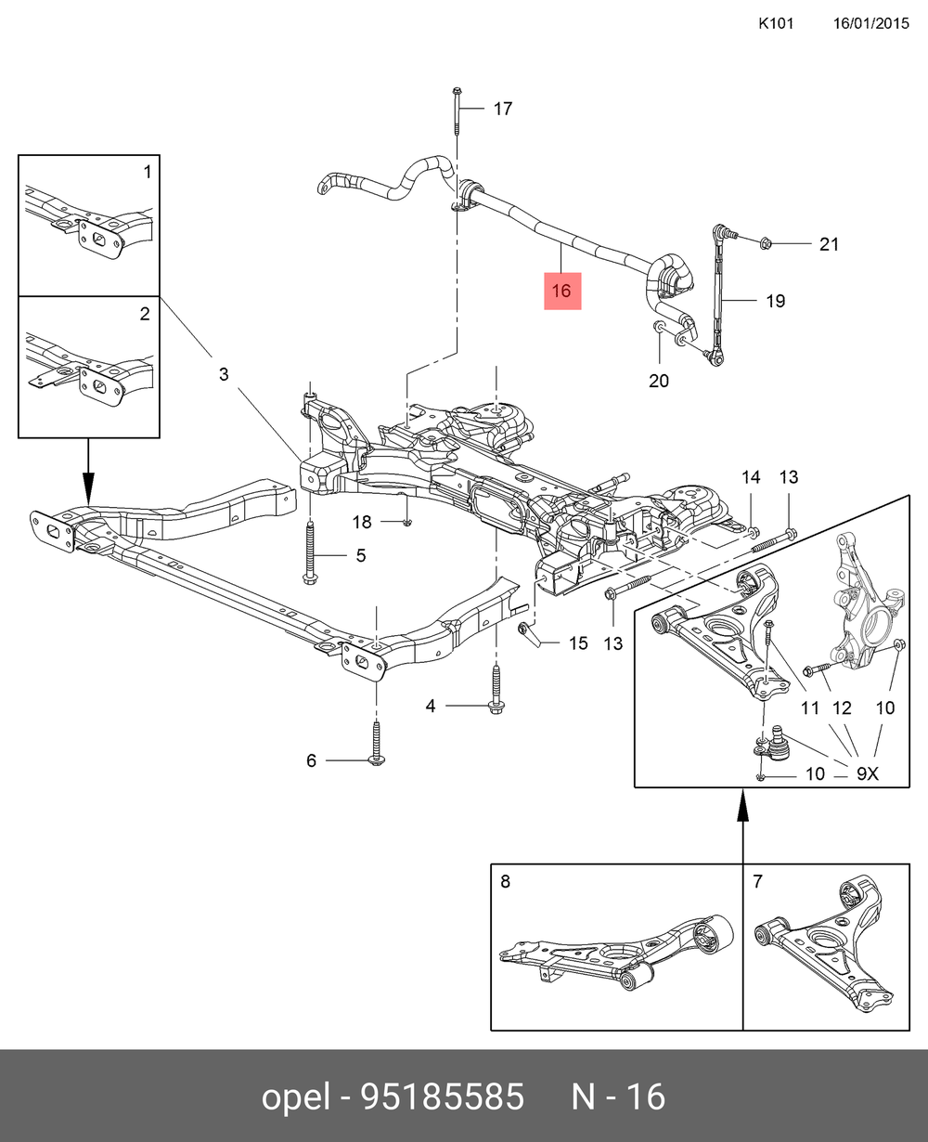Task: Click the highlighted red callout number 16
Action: pos(561,291)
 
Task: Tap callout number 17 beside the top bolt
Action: pos(502,109)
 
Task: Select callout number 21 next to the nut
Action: pos(828,244)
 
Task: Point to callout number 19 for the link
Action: pos(775,301)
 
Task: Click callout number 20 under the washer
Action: pos(658,380)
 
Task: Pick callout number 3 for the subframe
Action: pos(224,374)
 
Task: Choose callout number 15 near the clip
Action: pos(577,642)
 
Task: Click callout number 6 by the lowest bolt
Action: pos(312,761)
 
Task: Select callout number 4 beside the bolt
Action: pos(431,707)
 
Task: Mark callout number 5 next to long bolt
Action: pos(360,556)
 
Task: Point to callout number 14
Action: pos(750,477)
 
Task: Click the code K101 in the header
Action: pos(775,23)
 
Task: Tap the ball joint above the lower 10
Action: pos(775,742)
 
